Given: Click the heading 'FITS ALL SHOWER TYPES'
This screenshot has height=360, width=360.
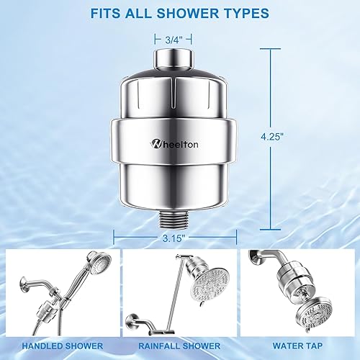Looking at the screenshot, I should tap(179, 12).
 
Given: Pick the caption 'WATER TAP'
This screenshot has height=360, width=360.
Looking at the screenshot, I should tap(300, 346).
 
